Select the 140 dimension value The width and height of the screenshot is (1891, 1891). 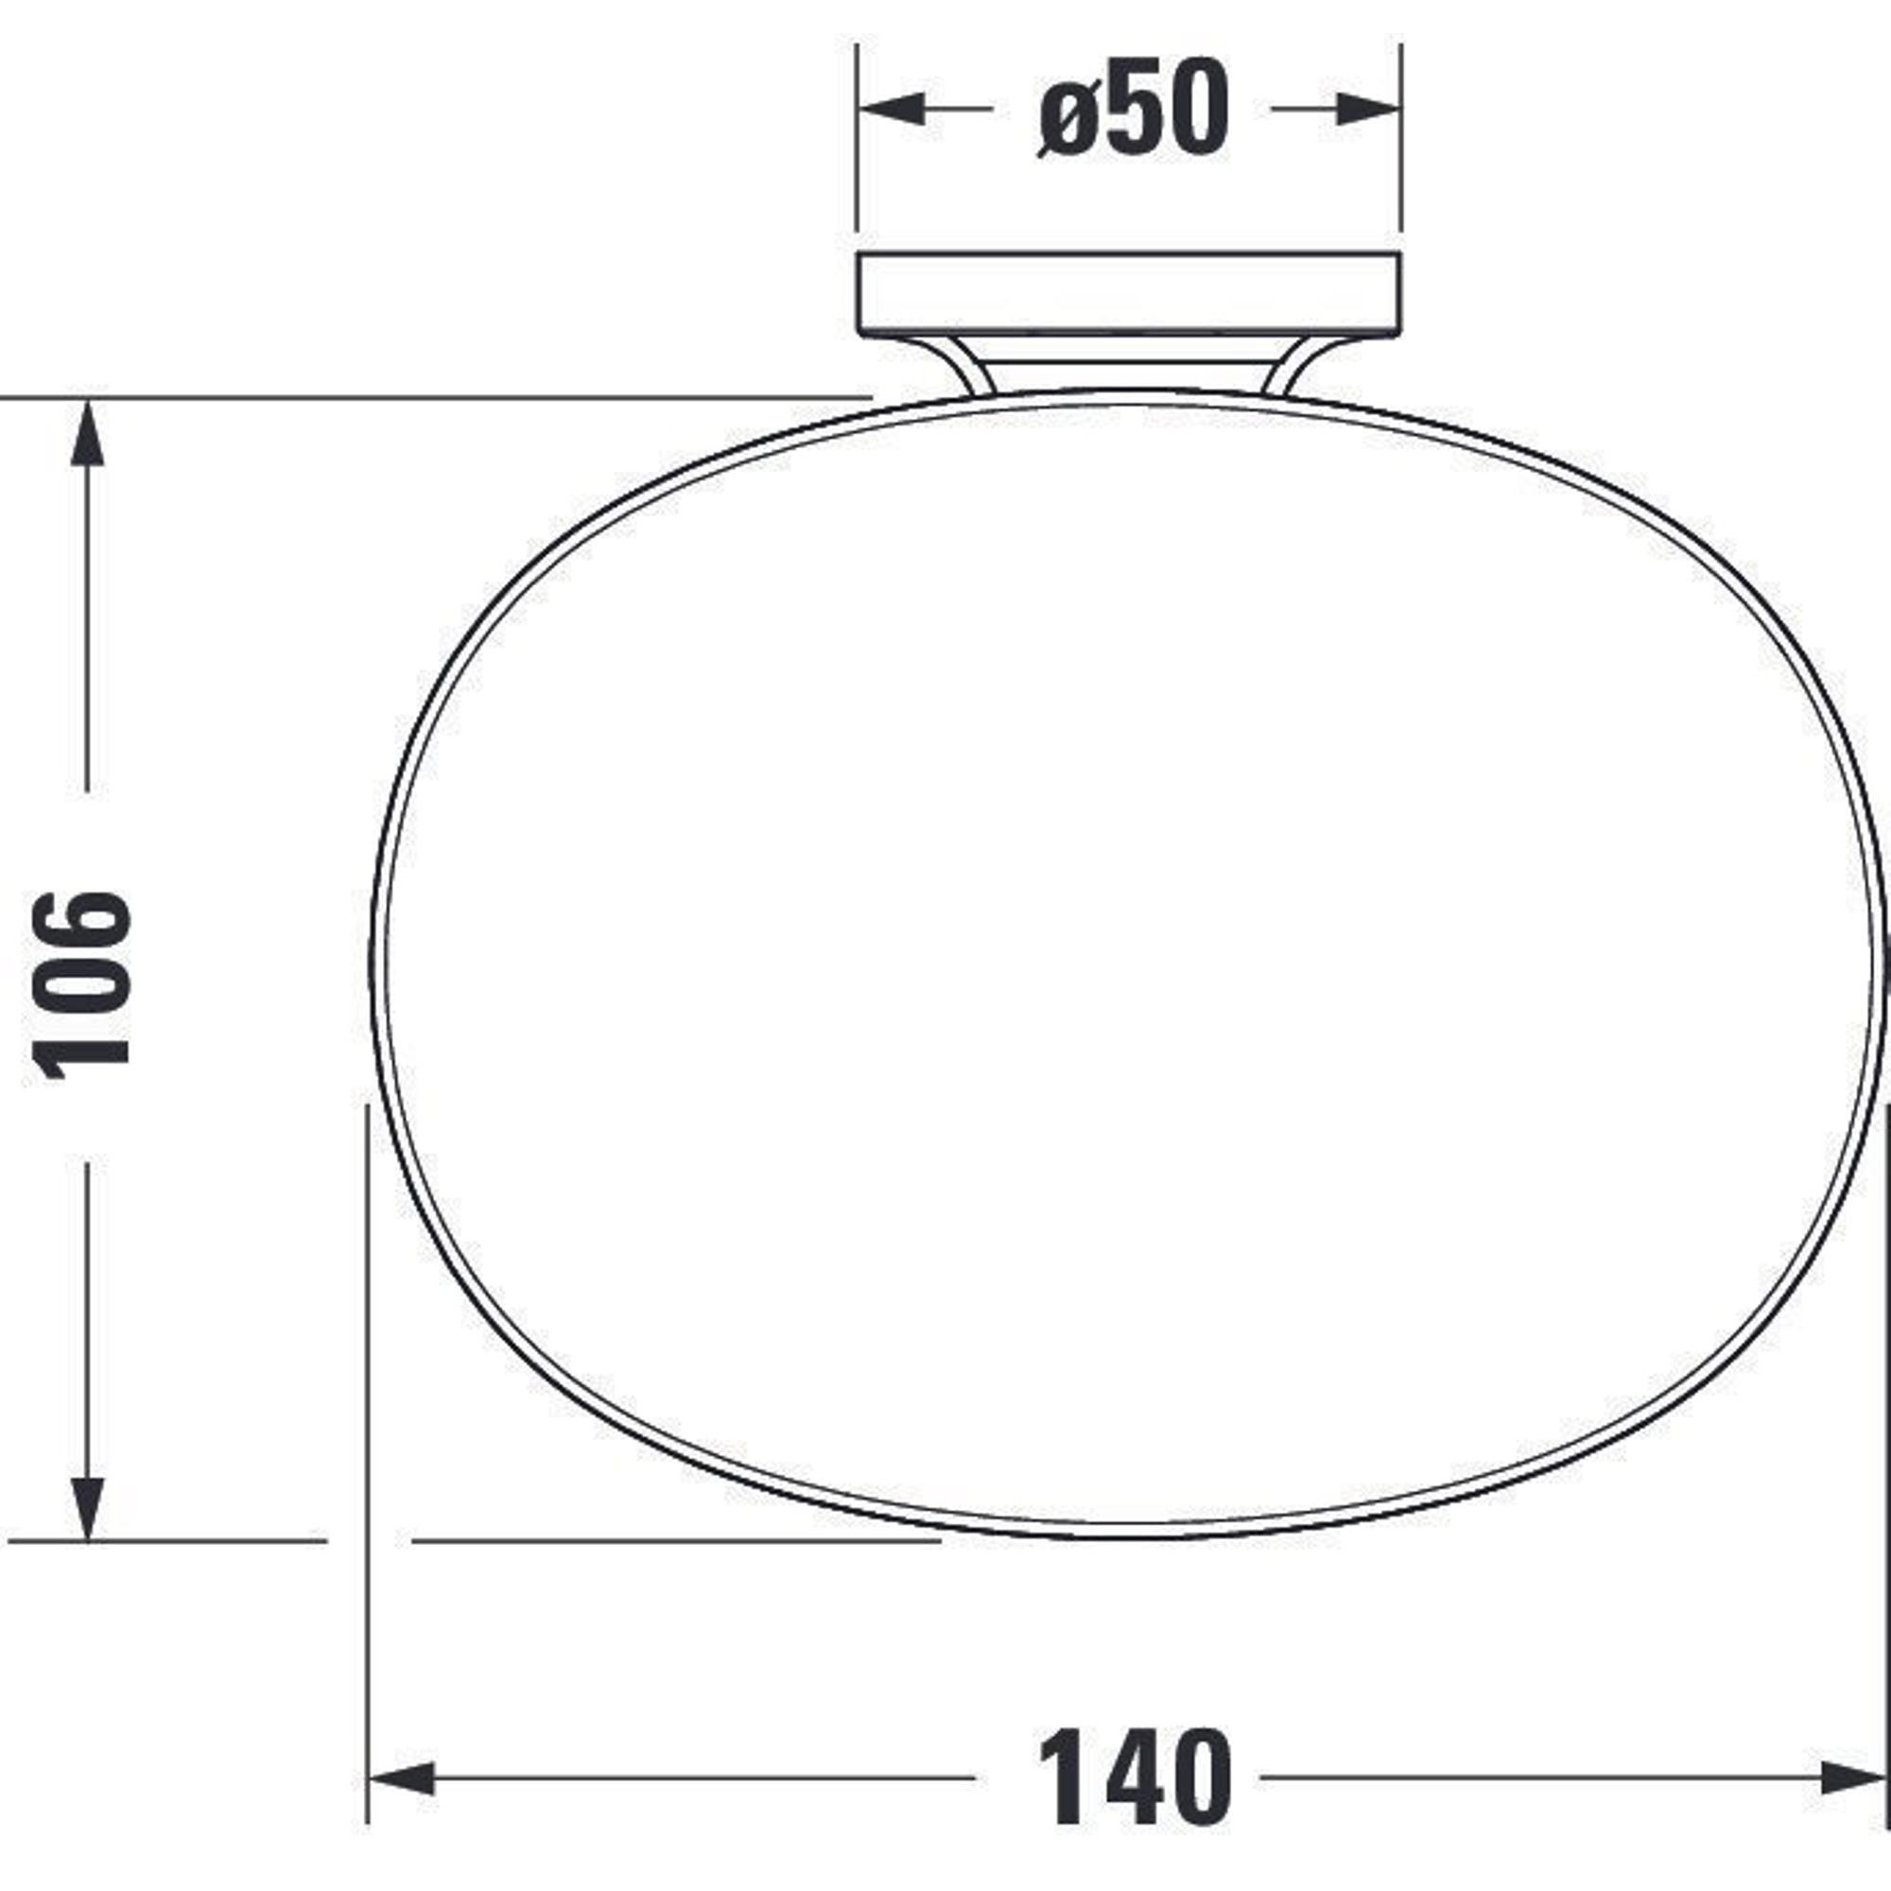click(1134, 1778)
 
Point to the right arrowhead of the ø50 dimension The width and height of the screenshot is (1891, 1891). click(1368, 109)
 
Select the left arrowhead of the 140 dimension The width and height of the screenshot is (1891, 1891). click(401, 1778)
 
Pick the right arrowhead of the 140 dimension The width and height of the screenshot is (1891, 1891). click(1853, 1778)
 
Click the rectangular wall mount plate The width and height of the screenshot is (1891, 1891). click(1130, 295)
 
